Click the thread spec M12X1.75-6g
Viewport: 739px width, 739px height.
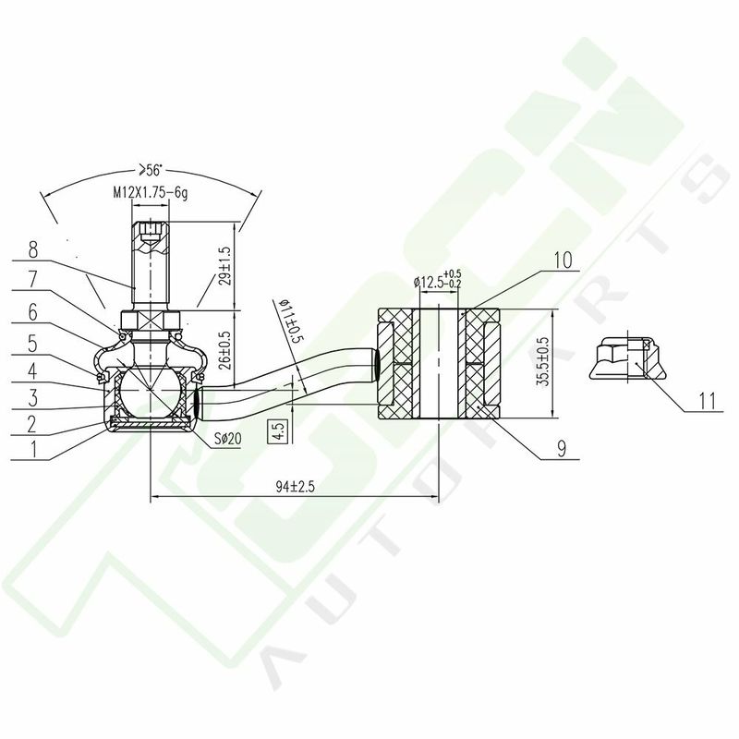click(151, 193)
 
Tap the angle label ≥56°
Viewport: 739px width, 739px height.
click(149, 170)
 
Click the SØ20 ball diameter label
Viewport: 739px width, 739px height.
click(227, 439)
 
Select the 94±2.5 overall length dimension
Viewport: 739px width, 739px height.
click(295, 487)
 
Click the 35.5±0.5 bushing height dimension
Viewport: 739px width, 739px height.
click(543, 362)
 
